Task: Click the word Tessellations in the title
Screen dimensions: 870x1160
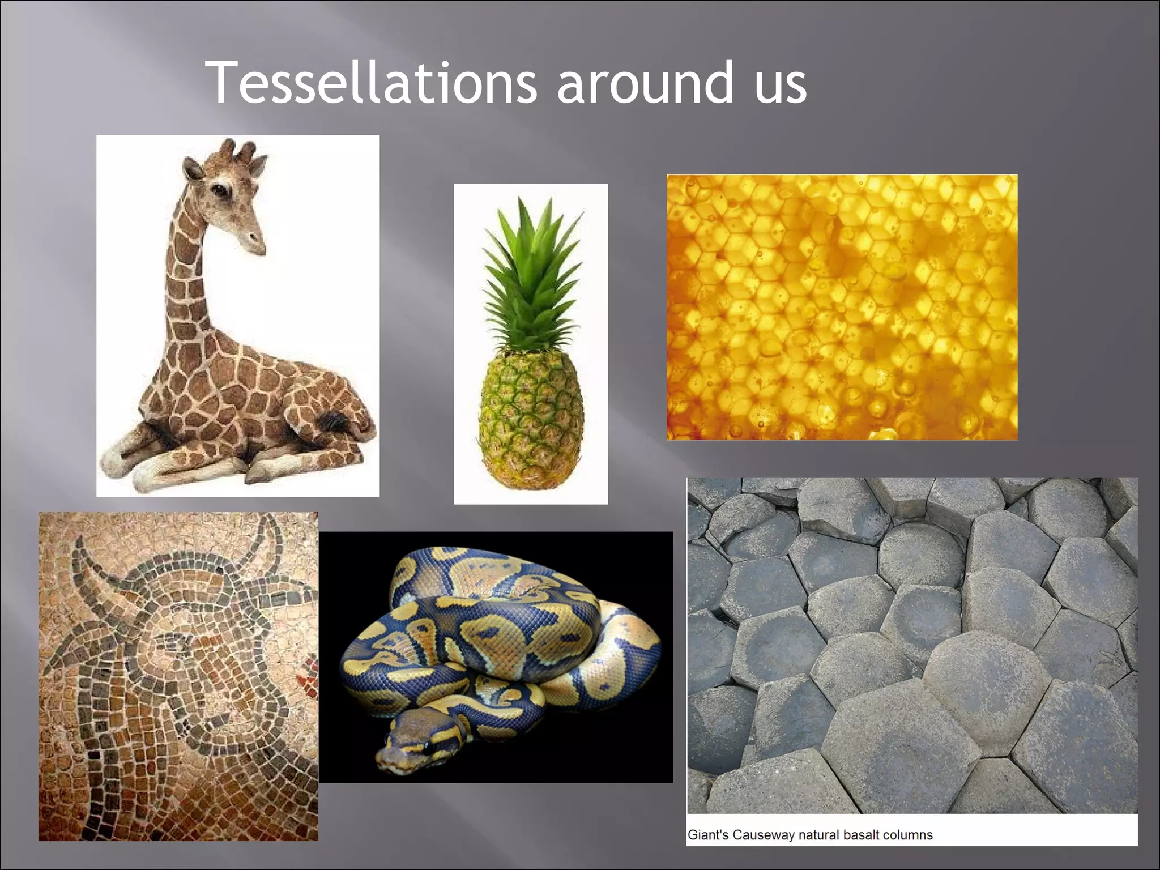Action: pyautogui.click(x=371, y=83)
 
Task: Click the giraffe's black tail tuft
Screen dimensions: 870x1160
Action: pyautogui.click(x=332, y=422)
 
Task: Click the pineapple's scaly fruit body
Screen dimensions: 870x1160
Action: pyautogui.click(x=531, y=419)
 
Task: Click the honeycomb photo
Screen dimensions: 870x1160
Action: pyautogui.click(x=842, y=307)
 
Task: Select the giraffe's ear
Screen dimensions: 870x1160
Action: pyautogui.click(x=191, y=169)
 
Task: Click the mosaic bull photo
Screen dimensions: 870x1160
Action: pyautogui.click(x=178, y=676)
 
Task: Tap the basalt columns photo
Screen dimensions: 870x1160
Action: pyautogui.click(x=912, y=646)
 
